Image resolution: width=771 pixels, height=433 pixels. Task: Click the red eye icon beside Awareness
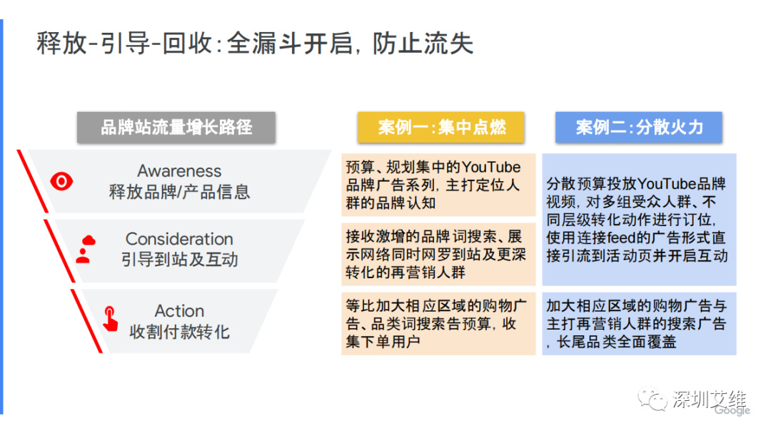(x=62, y=181)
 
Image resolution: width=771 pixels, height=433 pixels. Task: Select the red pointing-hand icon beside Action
(x=110, y=319)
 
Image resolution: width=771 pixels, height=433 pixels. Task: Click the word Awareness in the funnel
(x=179, y=171)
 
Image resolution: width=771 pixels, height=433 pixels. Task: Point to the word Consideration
(x=179, y=239)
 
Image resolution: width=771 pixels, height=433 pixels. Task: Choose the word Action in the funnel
(x=179, y=311)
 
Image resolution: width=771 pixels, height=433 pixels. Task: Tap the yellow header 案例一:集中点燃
(x=442, y=128)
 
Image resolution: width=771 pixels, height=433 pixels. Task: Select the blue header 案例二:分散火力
(x=639, y=128)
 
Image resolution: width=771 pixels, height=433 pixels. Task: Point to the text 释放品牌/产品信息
(x=179, y=192)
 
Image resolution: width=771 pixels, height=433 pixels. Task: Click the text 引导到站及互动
(x=179, y=260)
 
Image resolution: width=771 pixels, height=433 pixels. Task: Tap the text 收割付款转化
(x=179, y=332)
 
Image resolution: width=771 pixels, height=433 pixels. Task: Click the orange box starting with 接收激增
(x=438, y=254)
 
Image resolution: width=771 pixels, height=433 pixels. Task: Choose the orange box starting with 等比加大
(x=438, y=324)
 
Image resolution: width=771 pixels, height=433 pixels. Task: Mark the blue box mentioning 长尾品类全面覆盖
(x=639, y=324)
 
